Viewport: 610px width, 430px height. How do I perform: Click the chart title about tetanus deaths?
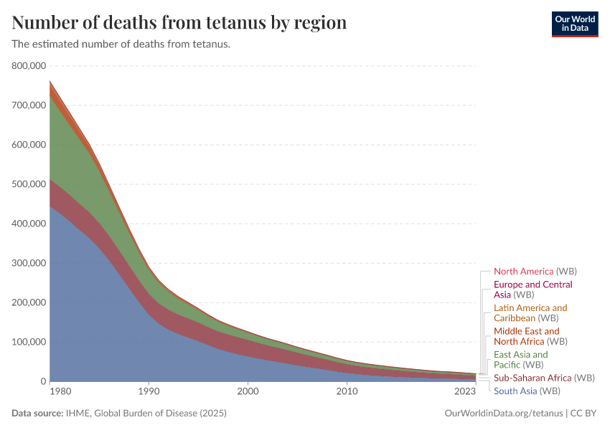179,22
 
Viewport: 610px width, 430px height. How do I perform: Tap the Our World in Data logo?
574,24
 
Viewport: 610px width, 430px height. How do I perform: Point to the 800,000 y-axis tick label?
29,66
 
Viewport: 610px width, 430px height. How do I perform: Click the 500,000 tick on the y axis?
29,184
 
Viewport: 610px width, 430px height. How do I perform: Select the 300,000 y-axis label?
29,263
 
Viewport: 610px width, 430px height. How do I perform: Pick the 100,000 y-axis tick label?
29,342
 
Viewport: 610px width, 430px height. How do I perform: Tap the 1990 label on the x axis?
149,391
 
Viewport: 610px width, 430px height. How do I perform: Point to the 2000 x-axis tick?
248,391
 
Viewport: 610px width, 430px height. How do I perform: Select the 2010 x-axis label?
347,391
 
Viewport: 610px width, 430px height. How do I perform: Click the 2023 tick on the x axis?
465,391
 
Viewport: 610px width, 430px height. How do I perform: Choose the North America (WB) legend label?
535,272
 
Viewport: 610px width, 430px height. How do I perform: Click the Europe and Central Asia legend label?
532,290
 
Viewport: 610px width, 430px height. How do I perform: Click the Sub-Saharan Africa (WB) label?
543,378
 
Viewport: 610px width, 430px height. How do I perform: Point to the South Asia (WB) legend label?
526,391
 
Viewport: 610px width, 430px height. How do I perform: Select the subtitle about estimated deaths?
121,44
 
